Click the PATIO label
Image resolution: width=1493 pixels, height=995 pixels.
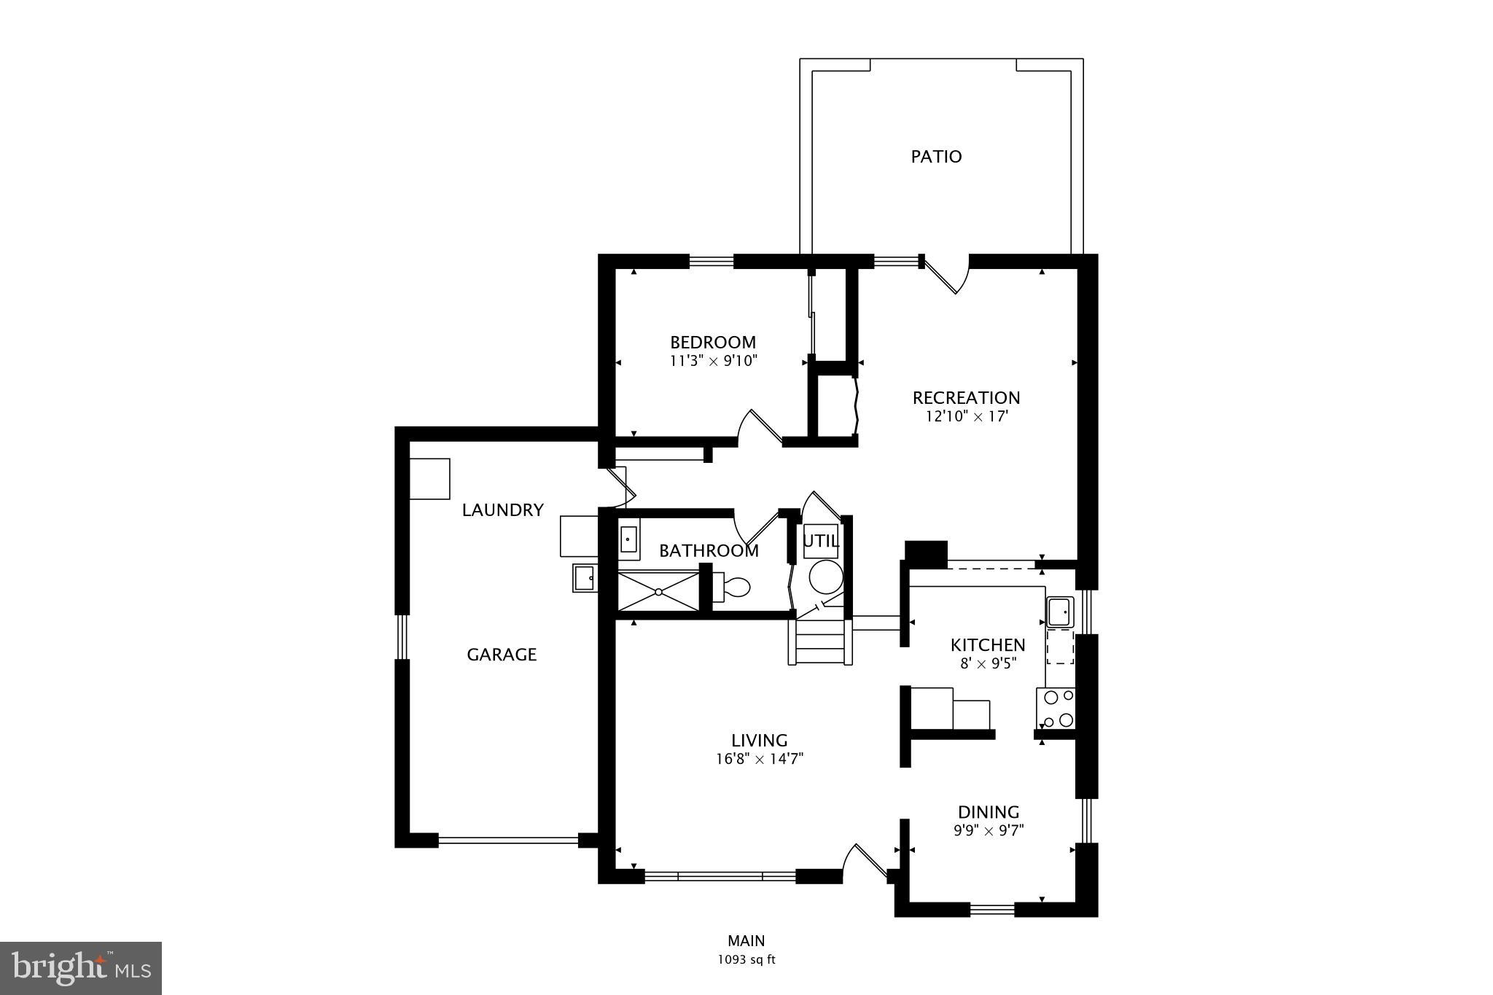coord(936,157)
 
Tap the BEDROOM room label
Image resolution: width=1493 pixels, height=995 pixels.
coord(713,343)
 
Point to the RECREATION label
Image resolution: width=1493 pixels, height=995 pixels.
coord(966,398)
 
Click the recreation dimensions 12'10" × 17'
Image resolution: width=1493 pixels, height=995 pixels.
coord(967,417)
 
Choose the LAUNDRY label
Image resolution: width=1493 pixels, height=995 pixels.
coord(503,510)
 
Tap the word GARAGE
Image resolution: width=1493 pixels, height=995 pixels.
coord(502,655)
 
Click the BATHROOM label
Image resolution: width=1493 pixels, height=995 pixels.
coord(709,551)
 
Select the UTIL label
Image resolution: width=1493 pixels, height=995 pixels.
coord(821,542)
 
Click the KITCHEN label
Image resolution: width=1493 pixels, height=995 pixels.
coord(988,645)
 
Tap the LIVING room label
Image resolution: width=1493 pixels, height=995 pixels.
coord(760,741)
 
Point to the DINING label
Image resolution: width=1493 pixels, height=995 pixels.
coord(989,812)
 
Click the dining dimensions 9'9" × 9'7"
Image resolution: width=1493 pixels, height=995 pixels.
coord(989,830)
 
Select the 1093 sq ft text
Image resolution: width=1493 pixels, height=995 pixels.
coord(746,960)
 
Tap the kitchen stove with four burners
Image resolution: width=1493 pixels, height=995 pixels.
coord(1056,709)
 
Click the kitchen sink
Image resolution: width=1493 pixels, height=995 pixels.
coord(1060,612)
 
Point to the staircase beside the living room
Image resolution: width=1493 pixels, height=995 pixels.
coord(820,641)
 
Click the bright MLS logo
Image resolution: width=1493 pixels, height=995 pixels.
coord(81,968)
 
